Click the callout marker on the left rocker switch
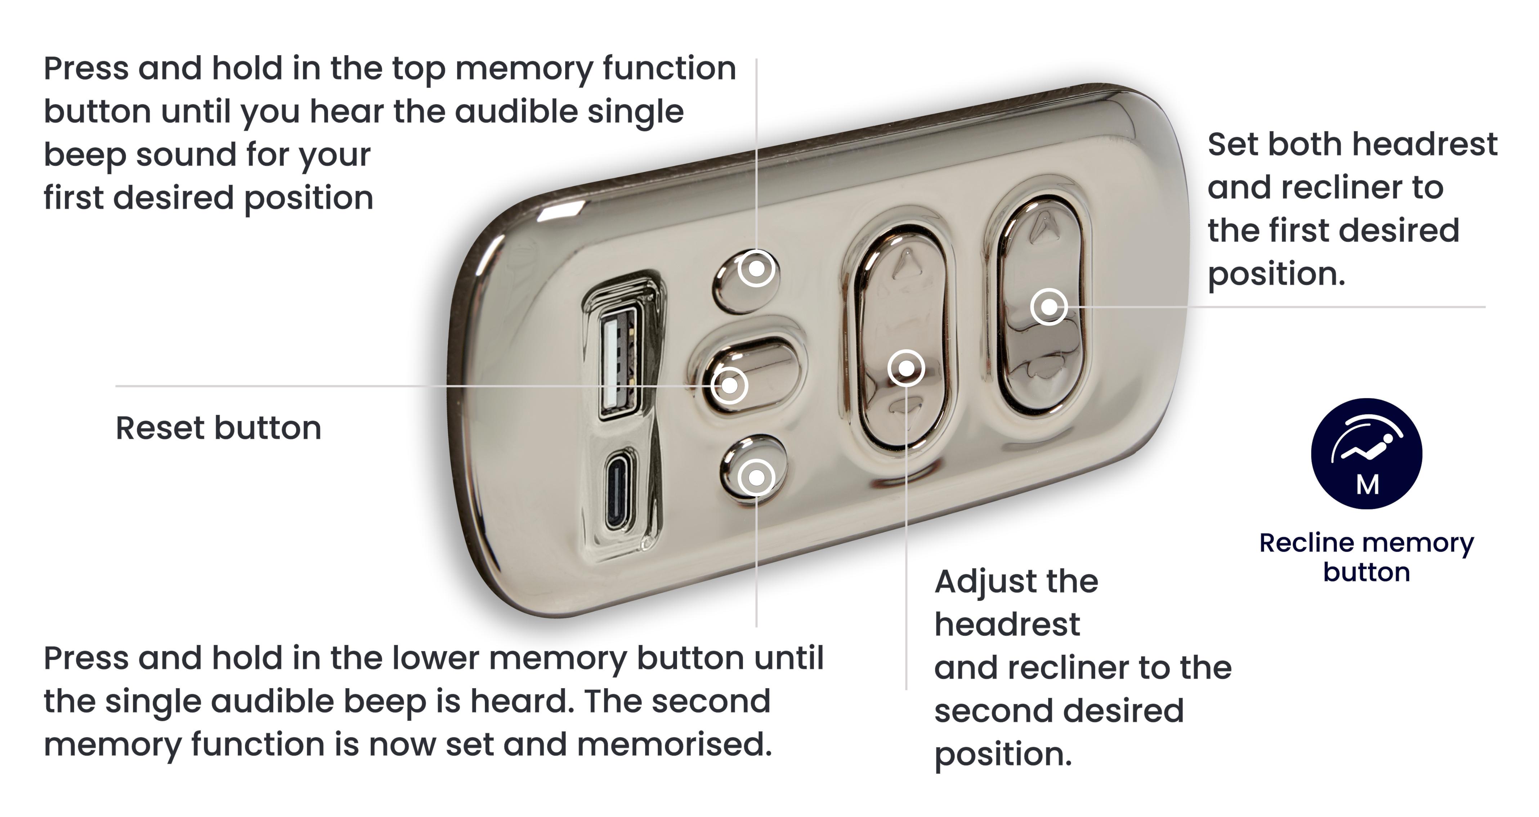(906, 368)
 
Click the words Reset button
(218, 428)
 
